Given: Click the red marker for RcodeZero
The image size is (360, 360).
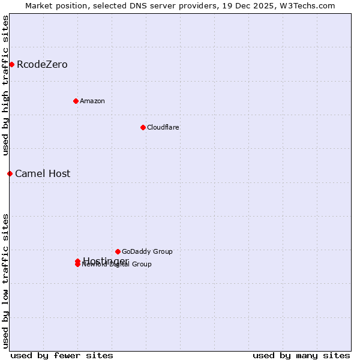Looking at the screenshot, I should [11, 64].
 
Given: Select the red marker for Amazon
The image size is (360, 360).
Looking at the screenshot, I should [76, 101].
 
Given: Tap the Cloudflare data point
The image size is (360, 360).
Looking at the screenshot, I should [143, 127].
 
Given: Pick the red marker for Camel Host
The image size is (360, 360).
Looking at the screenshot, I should [10, 173].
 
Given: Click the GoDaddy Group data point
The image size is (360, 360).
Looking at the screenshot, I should [118, 251].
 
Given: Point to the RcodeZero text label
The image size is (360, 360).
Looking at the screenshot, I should [42, 64].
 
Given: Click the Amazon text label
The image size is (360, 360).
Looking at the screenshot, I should [92, 101].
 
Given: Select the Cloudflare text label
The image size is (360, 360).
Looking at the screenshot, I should [163, 127].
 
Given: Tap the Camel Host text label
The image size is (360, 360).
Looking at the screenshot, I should [43, 173].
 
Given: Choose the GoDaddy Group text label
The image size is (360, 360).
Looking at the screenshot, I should [147, 251].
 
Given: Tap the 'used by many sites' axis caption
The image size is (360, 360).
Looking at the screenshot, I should [301, 355].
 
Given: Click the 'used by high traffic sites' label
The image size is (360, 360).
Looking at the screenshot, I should [5, 85].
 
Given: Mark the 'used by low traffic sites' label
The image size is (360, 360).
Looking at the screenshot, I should [5, 280].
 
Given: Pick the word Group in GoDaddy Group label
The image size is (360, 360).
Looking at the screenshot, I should [162, 251].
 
